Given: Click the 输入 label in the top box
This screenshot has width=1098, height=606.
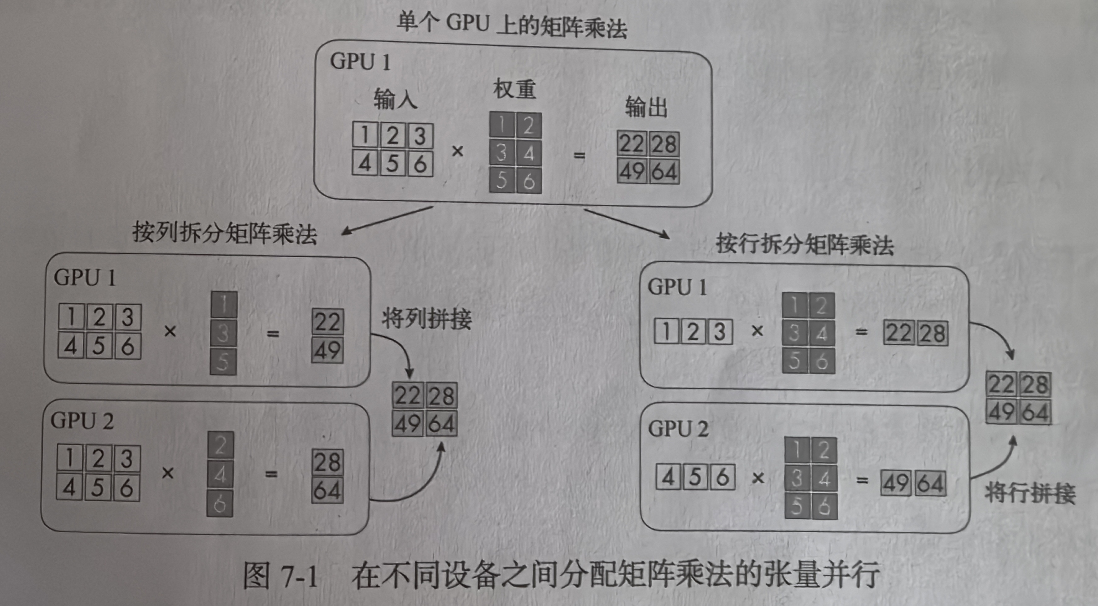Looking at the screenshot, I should pyautogui.click(x=395, y=99).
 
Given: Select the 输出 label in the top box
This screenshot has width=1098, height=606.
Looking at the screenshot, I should pyautogui.click(x=646, y=107).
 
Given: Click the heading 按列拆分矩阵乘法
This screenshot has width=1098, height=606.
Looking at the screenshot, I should pyautogui.click(x=225, y=233).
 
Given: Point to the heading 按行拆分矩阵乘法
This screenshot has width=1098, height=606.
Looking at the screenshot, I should pyautogui.click(x=805, y=245).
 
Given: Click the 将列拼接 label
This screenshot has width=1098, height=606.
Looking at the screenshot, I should pyautogui.click(x=427, y=319).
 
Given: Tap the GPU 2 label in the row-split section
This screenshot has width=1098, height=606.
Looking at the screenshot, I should pyautogui.click(x=678, y=429).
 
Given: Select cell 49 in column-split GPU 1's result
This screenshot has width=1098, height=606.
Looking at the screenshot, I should pyautogui.click(x=327, y=351).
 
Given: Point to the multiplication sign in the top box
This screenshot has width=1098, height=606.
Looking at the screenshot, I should pyautogui.click(x=457, y=151).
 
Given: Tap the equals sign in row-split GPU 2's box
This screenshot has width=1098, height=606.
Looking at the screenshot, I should pyautogui.click(x=862, y=481).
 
